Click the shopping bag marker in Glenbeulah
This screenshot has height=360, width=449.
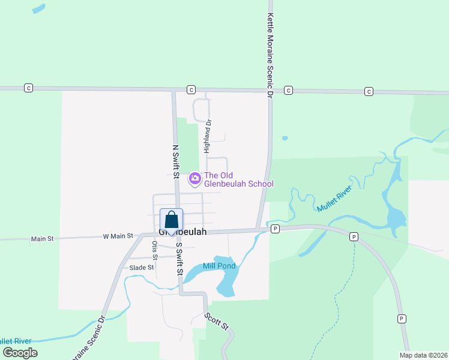[x=171, y=220]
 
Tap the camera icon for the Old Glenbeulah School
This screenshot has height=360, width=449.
[x=194, y=178]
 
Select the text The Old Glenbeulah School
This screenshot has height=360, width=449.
[x=239, y=179]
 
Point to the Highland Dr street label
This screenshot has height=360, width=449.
[x=207, y=135]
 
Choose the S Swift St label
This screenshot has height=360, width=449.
[x=178, y=259]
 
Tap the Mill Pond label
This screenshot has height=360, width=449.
[x=218, y=266]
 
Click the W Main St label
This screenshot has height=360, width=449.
[x=118, y=236]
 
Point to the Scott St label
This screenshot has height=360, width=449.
[x=216, y=322]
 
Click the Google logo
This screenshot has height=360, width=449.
[x=20, y=353]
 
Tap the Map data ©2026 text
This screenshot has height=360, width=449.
[x=423, y=355]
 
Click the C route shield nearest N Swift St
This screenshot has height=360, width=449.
[x=191, y=89]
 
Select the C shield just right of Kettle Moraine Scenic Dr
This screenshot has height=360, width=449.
[x=288, y=90]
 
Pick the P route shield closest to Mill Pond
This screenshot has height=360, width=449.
[x=275, y=229]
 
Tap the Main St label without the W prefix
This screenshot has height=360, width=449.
[x=42, y=239]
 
